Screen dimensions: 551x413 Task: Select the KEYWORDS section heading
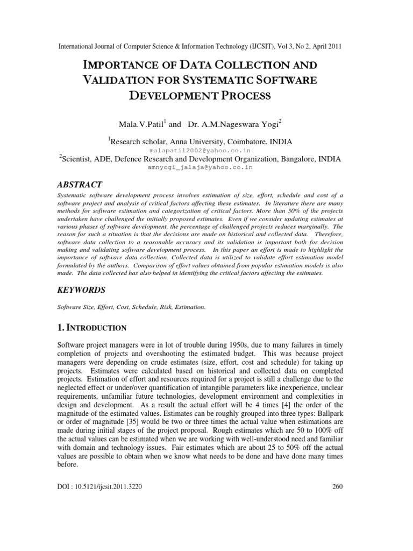tap(81, 289)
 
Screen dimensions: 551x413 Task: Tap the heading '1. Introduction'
tap(91, 328)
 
